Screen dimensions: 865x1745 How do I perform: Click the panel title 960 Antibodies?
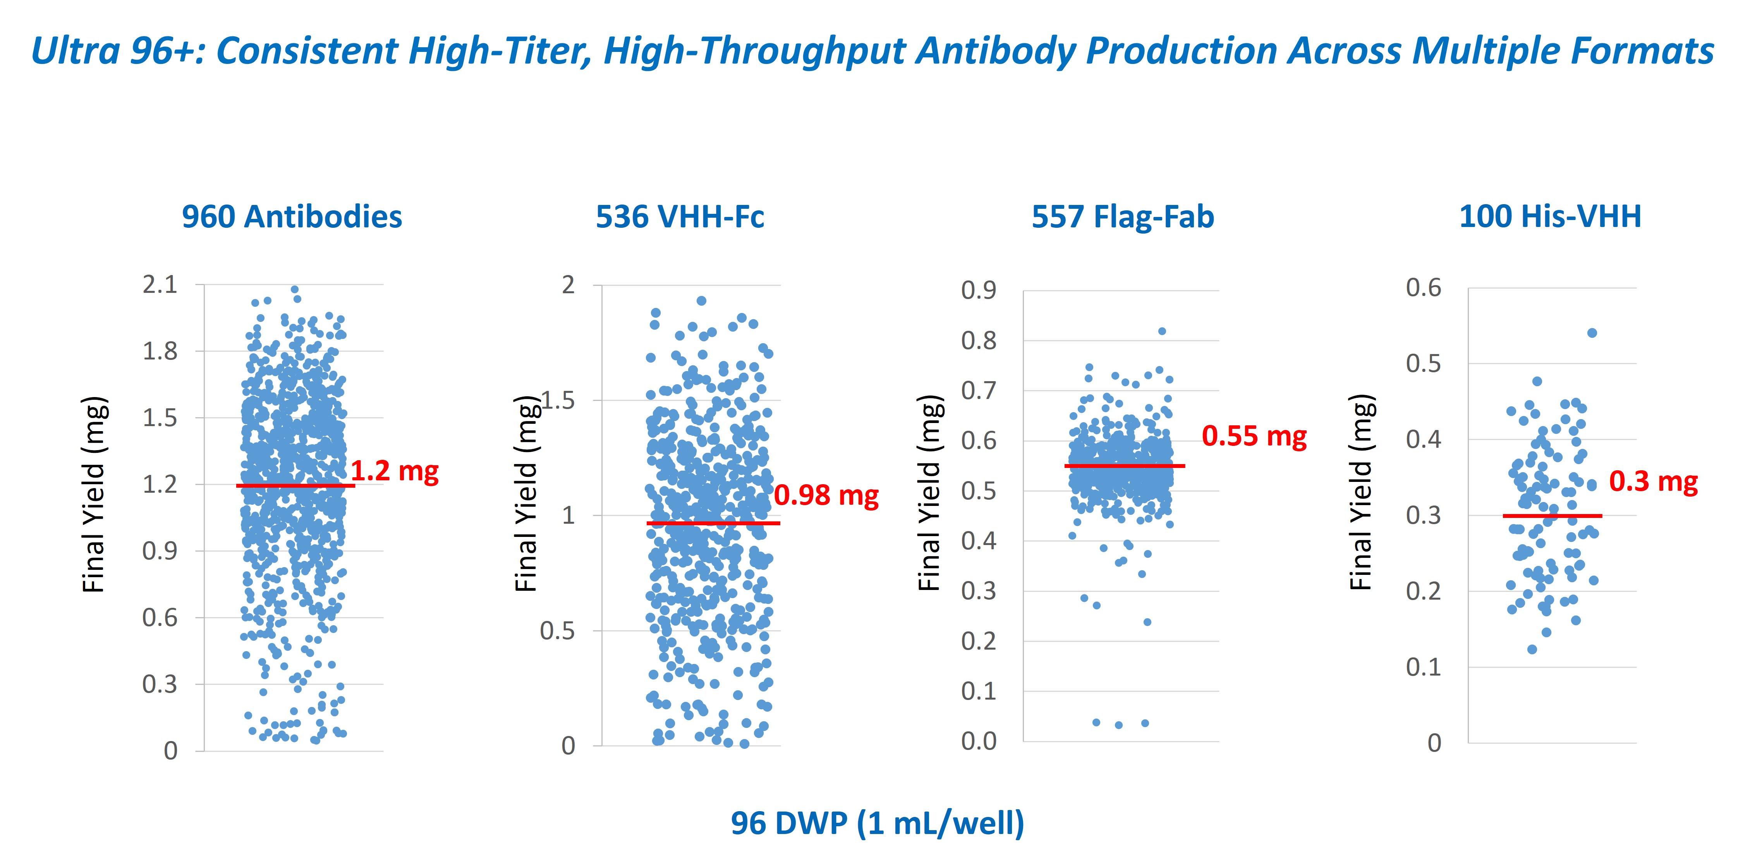click(x=292, y=217)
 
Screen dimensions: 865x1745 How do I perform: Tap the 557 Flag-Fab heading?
click(x=1122, y=217)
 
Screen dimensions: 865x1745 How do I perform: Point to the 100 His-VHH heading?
click(x=1550, y=217)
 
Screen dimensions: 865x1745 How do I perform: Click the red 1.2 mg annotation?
click(x=394, y=471)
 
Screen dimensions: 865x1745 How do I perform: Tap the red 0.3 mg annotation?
click(x=1653, y=481)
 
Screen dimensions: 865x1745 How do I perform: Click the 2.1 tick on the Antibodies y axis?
click(x=160, y=284)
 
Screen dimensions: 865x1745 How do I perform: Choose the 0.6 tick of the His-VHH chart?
click(x=1423, y=287)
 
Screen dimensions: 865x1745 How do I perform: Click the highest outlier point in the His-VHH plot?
click(x=1592, y=333)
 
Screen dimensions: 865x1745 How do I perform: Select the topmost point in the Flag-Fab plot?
click(x=1162, y=331)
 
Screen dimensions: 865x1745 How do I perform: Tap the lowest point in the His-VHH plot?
click(x=1532, y=649)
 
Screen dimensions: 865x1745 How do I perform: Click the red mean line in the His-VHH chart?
click(x=1552, y=516)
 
